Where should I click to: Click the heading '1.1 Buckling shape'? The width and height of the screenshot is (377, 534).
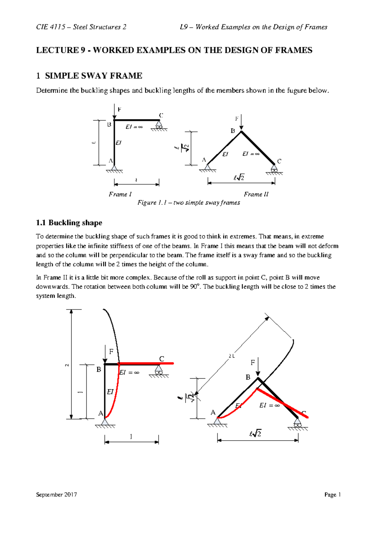click(69, 223)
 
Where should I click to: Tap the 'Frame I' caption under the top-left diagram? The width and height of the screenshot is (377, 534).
click(120, 194)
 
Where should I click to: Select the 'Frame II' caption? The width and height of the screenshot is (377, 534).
click(256, 194)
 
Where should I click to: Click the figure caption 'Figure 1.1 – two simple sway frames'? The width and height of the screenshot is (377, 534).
click(188, 203)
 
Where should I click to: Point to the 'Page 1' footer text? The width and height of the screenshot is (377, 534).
click(332, 495)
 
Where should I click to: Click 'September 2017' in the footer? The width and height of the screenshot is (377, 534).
click(57, 495)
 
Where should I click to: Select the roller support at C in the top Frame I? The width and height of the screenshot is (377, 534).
click(159, 126)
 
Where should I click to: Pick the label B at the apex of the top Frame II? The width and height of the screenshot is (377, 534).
click(233, 131)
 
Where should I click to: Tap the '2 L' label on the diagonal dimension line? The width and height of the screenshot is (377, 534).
click(232, 356)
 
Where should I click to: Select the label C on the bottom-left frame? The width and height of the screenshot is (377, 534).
click(161, 359)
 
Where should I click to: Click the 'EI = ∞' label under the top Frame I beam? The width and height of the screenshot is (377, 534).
click(134, 127)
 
